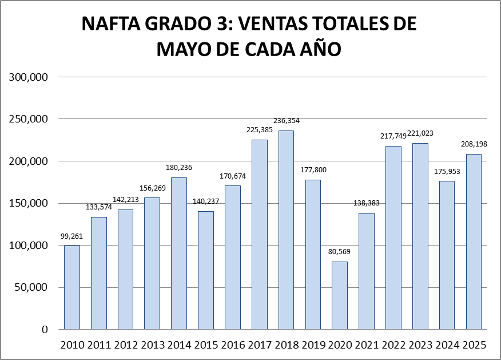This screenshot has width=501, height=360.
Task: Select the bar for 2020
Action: (340, 295)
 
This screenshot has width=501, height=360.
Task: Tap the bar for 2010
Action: (72, 287)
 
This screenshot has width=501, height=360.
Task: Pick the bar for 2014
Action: (179, 253)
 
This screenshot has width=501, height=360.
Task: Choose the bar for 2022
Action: (393, 238)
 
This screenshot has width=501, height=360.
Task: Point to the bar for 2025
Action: (474, 242)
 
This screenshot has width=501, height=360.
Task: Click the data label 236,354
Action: (286, 121)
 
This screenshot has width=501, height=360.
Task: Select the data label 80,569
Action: (340, 252)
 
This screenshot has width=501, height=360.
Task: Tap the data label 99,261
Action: (72, 235)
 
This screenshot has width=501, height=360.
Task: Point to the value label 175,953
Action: (447, 171)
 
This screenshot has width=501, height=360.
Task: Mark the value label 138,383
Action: (366, 203)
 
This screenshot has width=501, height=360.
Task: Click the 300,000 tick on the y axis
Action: (28, 77)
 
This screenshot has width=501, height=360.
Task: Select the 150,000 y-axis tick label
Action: (28, 203)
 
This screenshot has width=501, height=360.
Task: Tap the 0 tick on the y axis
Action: (45, 330)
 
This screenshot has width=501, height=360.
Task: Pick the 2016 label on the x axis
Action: (232, 345)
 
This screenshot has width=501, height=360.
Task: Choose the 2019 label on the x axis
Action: (313, 345)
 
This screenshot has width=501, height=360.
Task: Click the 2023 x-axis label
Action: (420, 345)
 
